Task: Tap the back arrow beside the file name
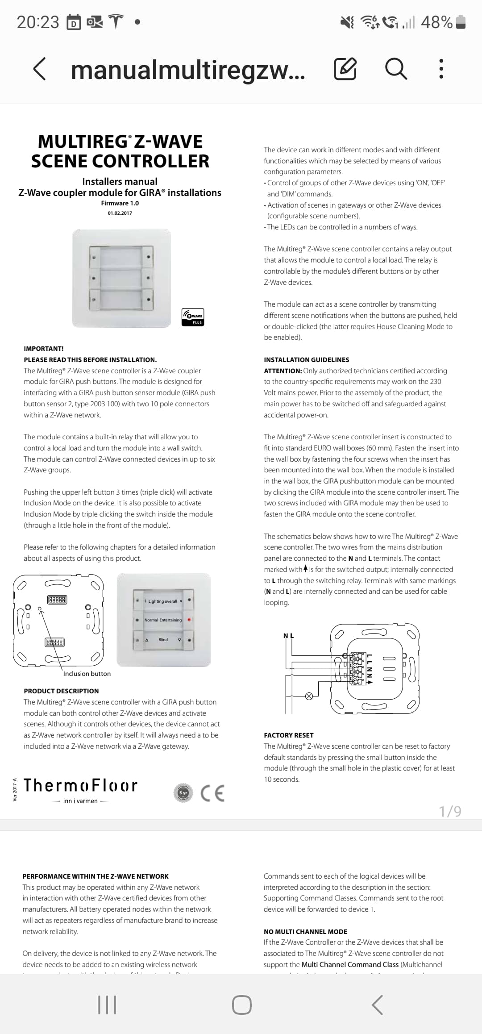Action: pyautogui.click(x=39, y=69)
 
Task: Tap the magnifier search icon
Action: pyautogui.click(x=396, y=69)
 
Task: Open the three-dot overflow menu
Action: pyautogui.click(x=441, y=69)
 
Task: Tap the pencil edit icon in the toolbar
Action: pyautogui.click(x=345, y=69)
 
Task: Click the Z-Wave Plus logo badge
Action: pyautogui.click(x=193, y=317)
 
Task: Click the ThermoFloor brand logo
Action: pyautogui.click(x=80, y=786)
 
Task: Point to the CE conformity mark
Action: pyautogui.click(x=212, y=793)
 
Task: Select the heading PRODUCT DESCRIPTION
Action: pyautogui.click(x=61, y=691)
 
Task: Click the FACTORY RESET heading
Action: pyautogui.click(x=288, y=735)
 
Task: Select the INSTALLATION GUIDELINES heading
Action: pyautogui.click(x=306, y=360)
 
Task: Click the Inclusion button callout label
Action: pyautogui.click(x=87, y=674)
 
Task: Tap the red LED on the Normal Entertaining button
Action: pyautogui.click(x=189, y=620)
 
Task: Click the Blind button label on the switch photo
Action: pyautogui.click(x=163, y=640)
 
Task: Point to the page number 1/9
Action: pyautogui.click(x=450, y=811)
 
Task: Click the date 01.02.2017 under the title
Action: pyautogui.click(x=120, y=213)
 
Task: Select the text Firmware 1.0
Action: pyautogui.click(x=120, y=203)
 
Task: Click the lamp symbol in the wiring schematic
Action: pyautogui.click(x=308, y=696)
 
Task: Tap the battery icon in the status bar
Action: pyautogui.click(x=461, y=22)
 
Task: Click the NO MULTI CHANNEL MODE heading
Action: pyautogui.click(x=305, y=932)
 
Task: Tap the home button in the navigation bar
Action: pyautogui.click(x=241, y=1005)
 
